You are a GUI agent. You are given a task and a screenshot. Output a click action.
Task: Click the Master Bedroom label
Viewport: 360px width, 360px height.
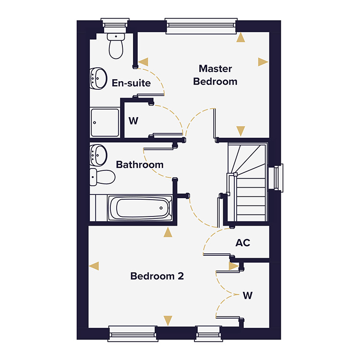pos(215,75)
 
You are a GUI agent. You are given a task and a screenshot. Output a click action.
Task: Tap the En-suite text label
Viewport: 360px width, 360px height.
pos(131,83)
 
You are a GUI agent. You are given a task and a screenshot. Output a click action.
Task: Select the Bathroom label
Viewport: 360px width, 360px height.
pos(140,165)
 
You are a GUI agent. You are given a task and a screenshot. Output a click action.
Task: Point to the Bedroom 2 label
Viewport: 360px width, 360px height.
pos(157,276)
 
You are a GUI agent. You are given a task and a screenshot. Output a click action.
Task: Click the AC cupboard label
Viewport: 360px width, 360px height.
pos(243,243)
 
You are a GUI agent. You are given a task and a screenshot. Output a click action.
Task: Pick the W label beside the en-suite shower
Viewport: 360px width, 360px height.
pos(133,120)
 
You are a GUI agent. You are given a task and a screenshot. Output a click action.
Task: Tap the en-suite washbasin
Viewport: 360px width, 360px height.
pos(98,78)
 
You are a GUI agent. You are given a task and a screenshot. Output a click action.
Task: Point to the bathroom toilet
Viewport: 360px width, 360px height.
pos(102,178)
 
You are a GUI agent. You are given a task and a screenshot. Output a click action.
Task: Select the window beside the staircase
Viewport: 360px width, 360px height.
pos(276,178)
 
